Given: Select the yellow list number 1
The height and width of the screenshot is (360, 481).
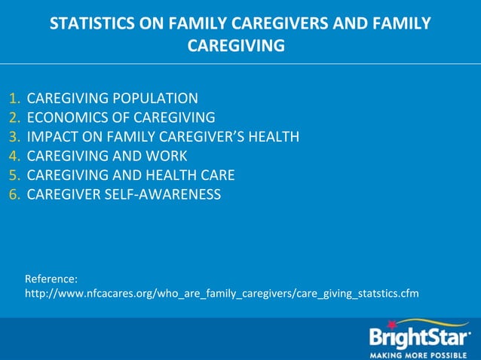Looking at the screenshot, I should (x=14, y=98).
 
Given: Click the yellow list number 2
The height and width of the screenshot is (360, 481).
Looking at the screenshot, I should (x=14, y=117).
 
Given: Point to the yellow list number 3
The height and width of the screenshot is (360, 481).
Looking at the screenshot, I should (x=14, y=137).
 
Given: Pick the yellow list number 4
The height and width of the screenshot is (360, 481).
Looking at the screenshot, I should (x=14, y=157).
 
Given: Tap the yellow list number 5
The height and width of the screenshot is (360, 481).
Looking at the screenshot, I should (x=14, y=175).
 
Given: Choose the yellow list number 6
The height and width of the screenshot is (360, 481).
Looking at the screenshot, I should (x=14, y=195).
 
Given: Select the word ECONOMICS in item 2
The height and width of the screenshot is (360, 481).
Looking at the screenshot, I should (x=63, y=117).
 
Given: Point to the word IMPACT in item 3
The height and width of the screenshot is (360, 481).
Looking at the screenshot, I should (x=51, y=137).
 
